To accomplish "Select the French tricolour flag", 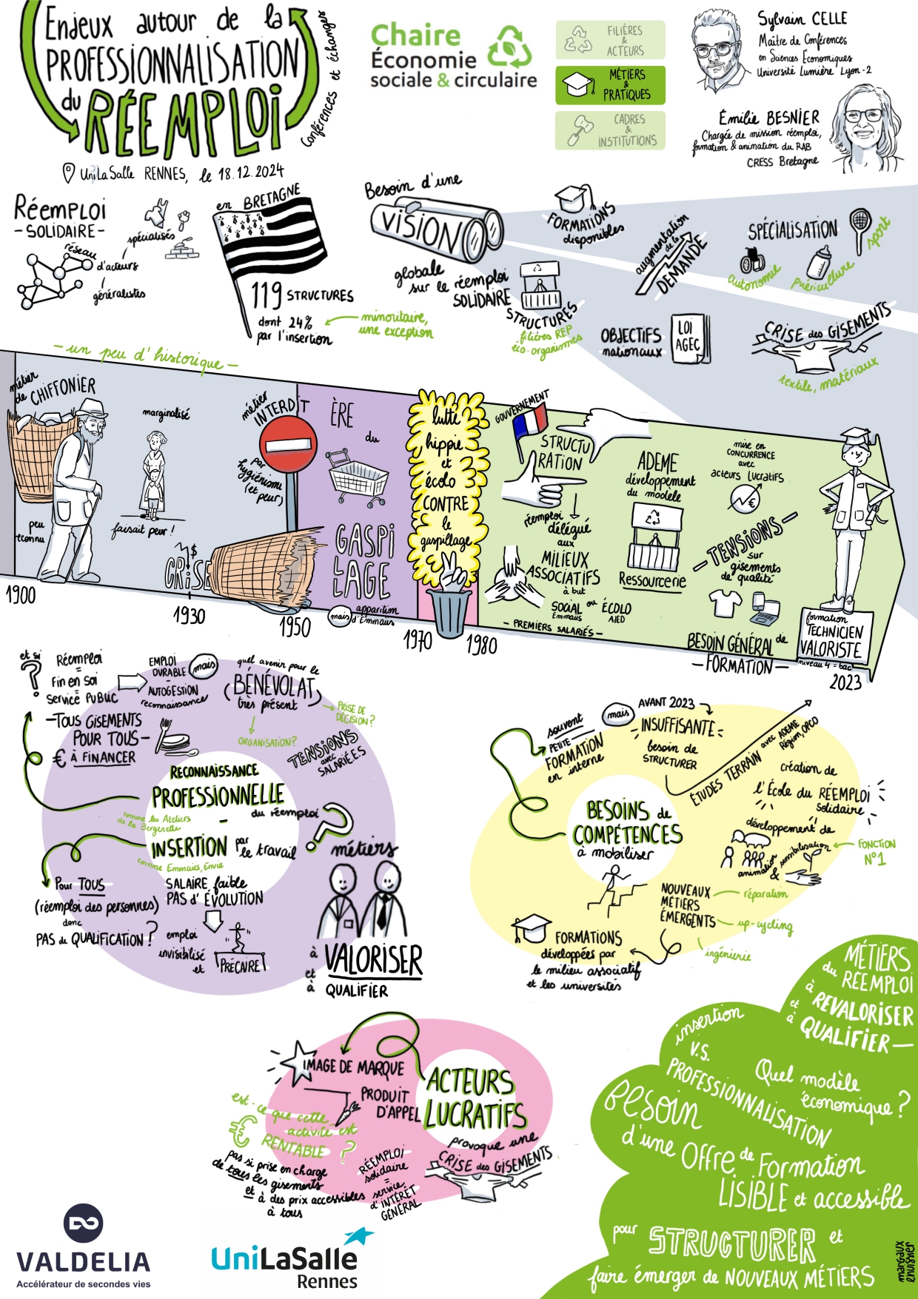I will (x=529, y=420).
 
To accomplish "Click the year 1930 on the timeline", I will (x=189, y=614).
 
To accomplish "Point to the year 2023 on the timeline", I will (x=845, y=681).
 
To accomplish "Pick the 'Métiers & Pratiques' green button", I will (x=610, y=84).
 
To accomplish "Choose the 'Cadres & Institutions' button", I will (x=610, y=130).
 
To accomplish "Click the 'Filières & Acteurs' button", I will (x=610, y=40).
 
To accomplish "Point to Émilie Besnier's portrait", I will (x=866, y=126).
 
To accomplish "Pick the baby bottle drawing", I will (x=820, y=262).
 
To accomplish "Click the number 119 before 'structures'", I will (x=266, y=295).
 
